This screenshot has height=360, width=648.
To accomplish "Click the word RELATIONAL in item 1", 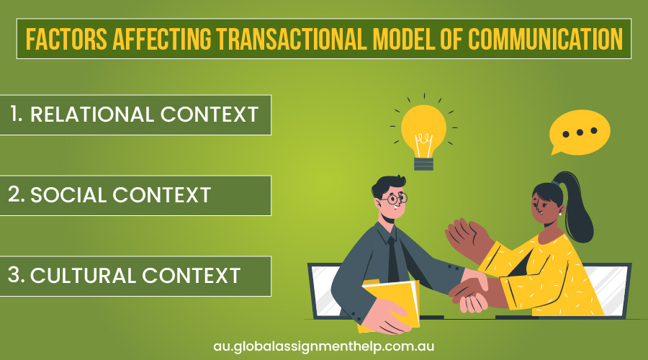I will [91, 114].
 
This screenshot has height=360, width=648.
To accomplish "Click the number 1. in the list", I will [17, 114].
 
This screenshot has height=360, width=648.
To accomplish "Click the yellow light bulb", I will [423, 130].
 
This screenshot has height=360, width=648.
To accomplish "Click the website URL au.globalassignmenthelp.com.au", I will [323, 346].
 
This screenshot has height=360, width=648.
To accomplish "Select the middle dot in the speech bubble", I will [579, 132].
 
